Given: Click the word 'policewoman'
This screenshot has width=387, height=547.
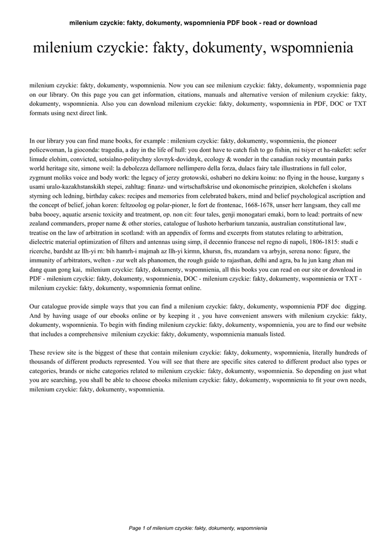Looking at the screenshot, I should (51, 151).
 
